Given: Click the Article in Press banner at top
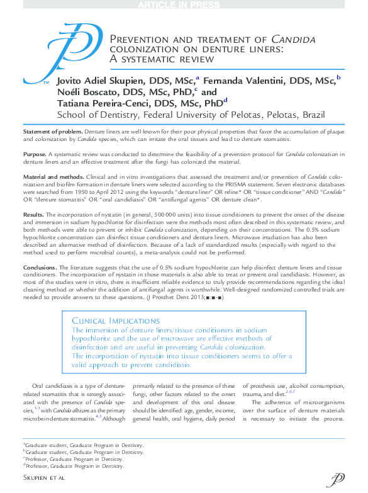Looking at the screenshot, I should point(183,5).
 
